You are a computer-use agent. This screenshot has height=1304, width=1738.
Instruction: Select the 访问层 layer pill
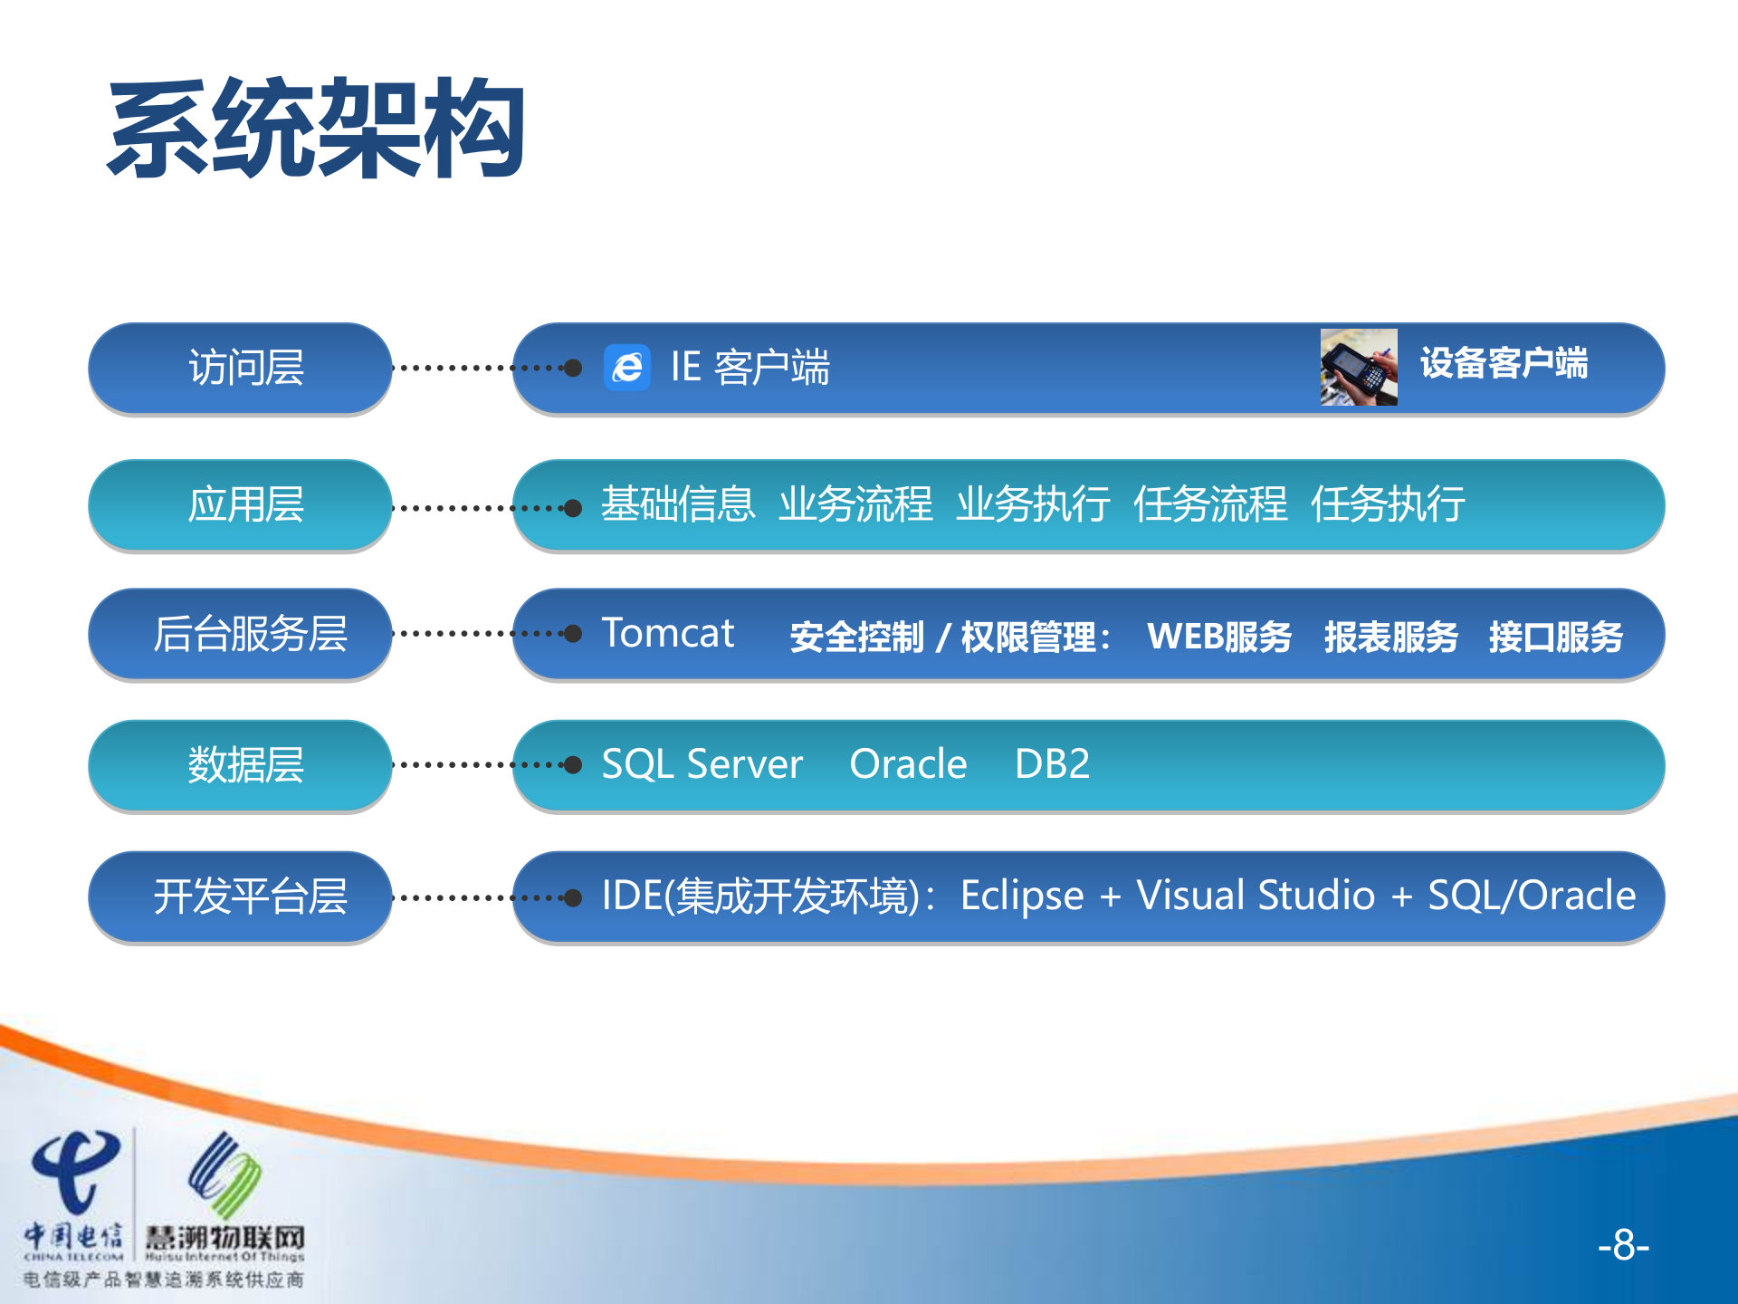coord(241,368)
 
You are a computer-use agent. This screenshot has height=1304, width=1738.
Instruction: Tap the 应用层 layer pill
coord(241,504)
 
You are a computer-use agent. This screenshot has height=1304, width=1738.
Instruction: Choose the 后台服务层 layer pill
coord(241,633)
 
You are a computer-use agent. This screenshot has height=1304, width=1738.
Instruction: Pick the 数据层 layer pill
coord(241,765)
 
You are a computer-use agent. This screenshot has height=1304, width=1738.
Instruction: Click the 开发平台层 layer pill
coord(241,896)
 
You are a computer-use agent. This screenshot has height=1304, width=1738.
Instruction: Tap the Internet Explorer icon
coord(627,368)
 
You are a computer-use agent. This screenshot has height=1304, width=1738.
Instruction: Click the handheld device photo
coord(1358,367)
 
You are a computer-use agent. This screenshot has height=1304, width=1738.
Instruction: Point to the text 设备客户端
coord(1504,363)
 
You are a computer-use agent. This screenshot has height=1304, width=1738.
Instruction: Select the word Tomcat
coord(668,633)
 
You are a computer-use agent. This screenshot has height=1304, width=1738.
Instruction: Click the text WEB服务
coord(1218,637)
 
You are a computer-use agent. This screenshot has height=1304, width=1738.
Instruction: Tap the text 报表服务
coord(1390,637)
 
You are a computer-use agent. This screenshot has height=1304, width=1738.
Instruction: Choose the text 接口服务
coord(1555,637)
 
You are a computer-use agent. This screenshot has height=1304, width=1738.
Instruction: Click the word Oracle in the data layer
coord(908,764)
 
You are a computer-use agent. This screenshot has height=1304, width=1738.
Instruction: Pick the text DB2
coord(1052,764)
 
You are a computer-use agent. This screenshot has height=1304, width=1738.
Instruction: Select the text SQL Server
coord(702,764)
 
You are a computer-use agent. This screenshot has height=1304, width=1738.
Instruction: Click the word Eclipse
coord(1021,896)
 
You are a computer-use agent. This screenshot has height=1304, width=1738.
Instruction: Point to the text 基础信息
coord(678,504)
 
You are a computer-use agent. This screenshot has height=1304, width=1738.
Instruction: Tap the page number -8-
coord(1623,1245)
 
